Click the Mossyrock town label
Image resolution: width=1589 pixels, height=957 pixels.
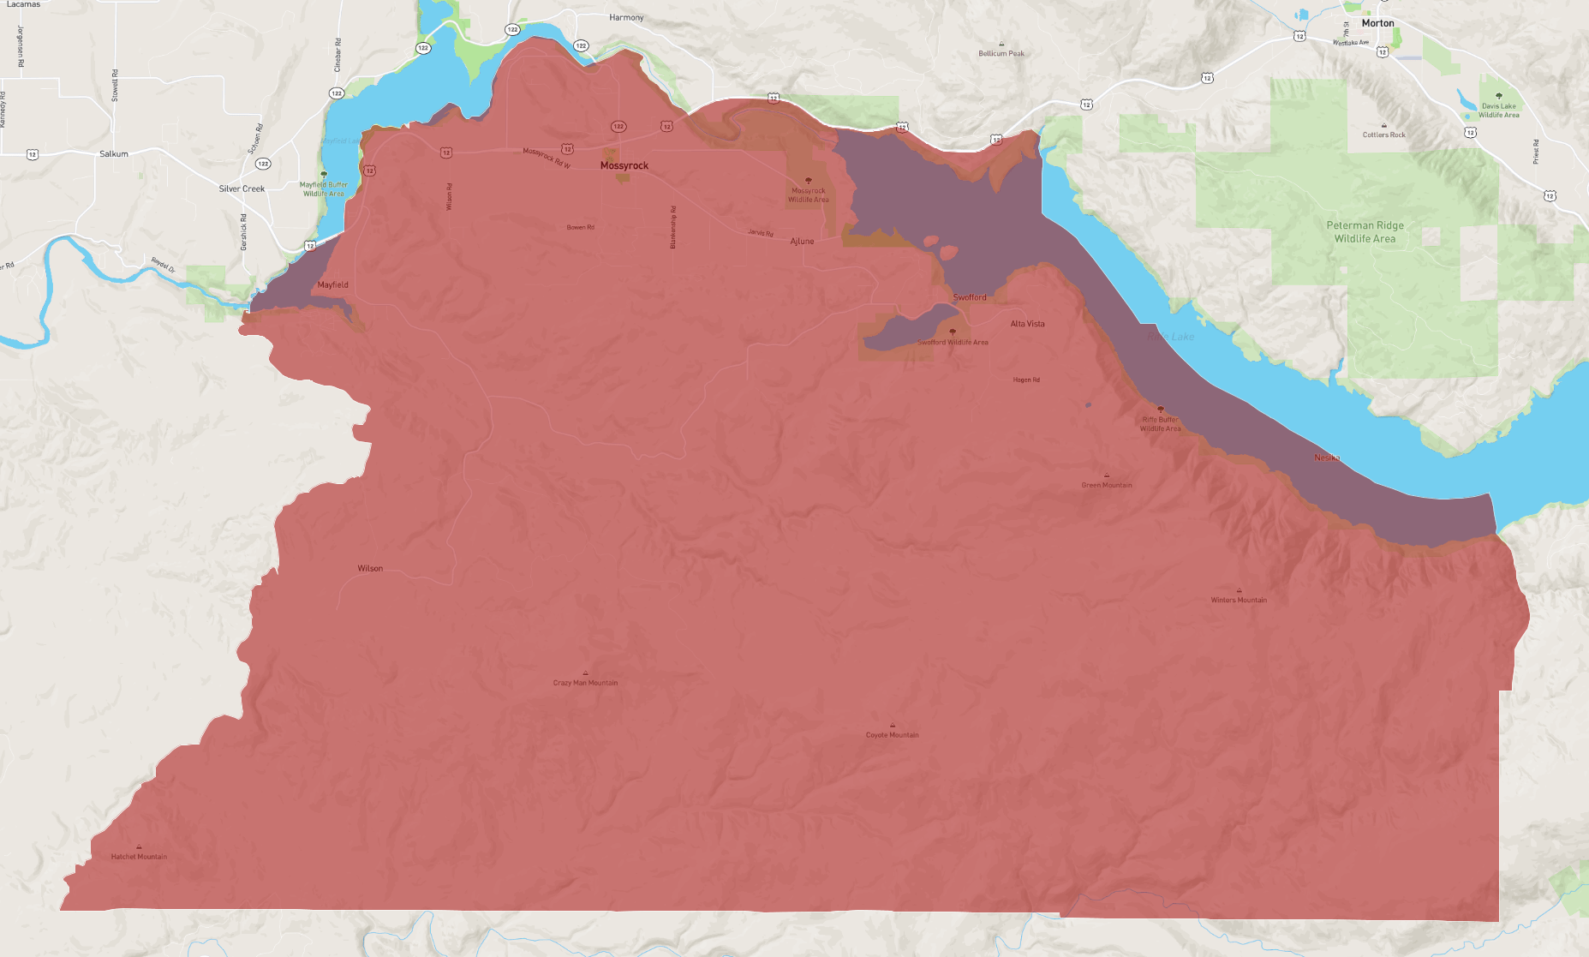(x=624, y=165)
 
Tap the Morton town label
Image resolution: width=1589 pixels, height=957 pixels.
(x=1377, y=23)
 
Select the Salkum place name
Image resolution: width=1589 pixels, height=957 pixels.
(x=114, y=154)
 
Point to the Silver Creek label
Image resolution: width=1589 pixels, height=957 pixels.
(x=242, y=188)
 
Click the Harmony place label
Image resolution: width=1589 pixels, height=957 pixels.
(x=626, y=17)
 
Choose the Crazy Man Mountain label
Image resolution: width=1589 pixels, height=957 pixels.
(x=585, y=683)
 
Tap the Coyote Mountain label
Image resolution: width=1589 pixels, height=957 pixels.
(x=892, y=735)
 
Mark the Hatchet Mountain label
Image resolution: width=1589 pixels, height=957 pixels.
(x=139, y=857)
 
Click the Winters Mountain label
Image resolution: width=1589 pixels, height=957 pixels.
(x=1239, y=600)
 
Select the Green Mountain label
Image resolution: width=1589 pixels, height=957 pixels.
(x=1107, y=485)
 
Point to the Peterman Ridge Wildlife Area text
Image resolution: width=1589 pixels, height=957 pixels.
(x=1365, y=232)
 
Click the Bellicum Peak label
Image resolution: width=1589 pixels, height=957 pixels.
(x=1001, y=53)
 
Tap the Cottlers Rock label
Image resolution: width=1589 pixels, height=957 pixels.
(x=1384, y=135)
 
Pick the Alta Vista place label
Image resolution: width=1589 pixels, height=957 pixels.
(x=1027, y=324)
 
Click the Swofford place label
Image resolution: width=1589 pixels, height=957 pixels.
(x=970, y=297)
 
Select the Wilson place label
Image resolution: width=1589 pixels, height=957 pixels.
(x=370, y=568)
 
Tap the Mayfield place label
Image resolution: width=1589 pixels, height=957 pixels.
(x=332, y=284)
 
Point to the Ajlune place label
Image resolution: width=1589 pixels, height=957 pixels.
(x=802, y=242)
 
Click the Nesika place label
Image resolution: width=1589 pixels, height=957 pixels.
(x=1327, y=458)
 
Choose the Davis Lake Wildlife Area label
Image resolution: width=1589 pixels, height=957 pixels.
(x=1498, y=111)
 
